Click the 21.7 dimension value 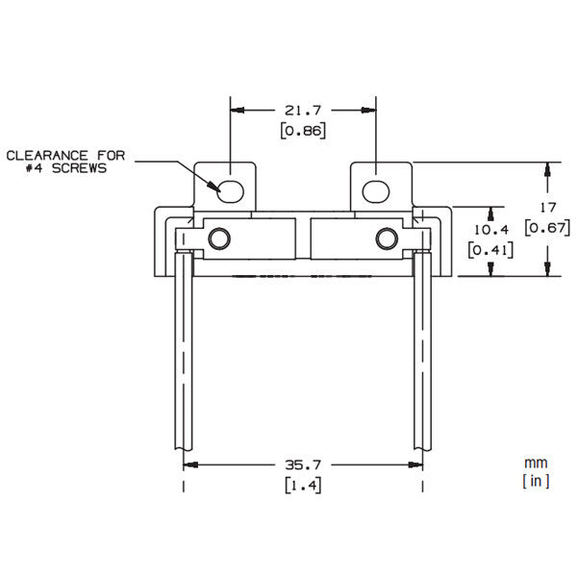(x=302, y=112)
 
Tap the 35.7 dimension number (x=304, y=464)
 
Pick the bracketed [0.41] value (x=489, y=250)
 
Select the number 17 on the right (x=547, y=208)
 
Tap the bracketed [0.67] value (x=547, y=228)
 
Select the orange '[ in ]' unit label (x=536, y=481)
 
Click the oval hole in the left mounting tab (x=232, y=188)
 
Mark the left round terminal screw (x=219, y=237)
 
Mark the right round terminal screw (x=387, y=237)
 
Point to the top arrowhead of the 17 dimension (x=547, y=168)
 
